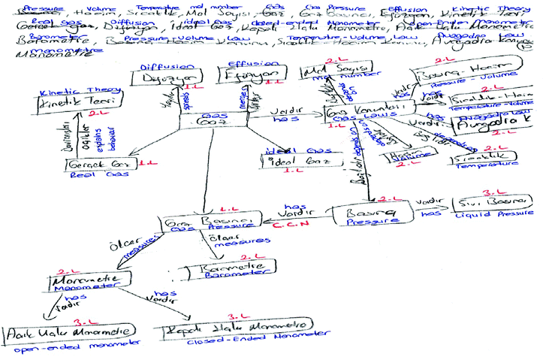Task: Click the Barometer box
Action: coord(225,269)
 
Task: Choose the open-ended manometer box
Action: coord(70,333)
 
